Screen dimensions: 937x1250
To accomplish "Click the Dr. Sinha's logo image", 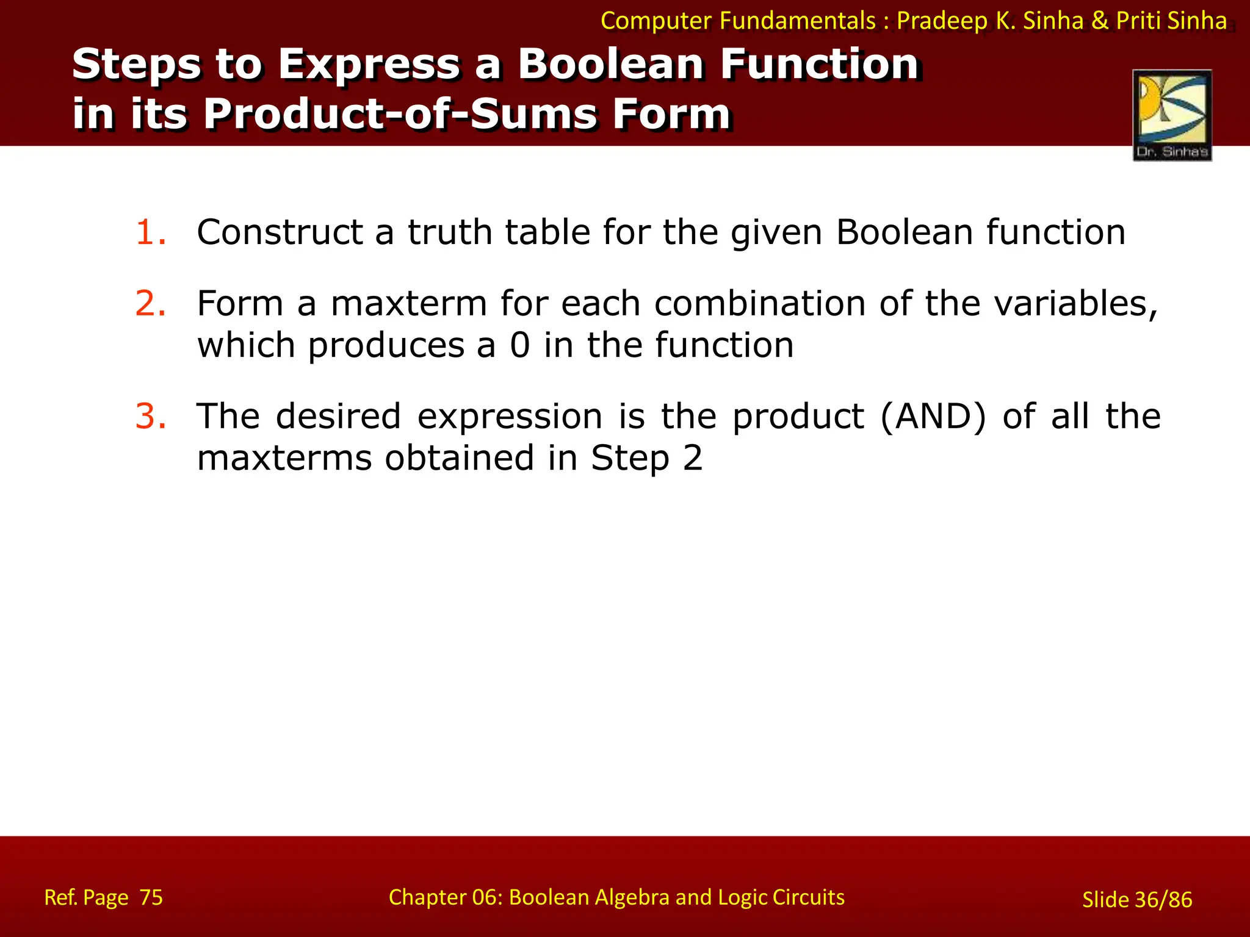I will point(1172,115).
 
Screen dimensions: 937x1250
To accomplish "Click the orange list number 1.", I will point(150,232).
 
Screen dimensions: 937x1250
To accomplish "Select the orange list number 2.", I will point(150,303).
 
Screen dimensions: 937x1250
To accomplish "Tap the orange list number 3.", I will point(150,416).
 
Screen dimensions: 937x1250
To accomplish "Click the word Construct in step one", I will point(280,232).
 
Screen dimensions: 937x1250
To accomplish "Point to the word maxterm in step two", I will point(408,304).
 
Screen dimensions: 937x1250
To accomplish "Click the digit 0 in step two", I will point(520,345).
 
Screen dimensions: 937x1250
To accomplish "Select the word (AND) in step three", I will point(933,417).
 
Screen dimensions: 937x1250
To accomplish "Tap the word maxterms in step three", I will point(284,458).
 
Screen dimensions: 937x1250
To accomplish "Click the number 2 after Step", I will point(692,458).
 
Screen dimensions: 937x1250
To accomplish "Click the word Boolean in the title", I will point(611,64).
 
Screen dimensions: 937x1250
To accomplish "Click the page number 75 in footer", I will point(151,897).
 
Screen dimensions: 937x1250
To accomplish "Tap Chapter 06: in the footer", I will point(445,897).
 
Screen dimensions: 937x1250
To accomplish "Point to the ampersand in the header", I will point(1099,21).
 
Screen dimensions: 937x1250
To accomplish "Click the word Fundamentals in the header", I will point(797,21).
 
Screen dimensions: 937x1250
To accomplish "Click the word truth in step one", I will point(450,232).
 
